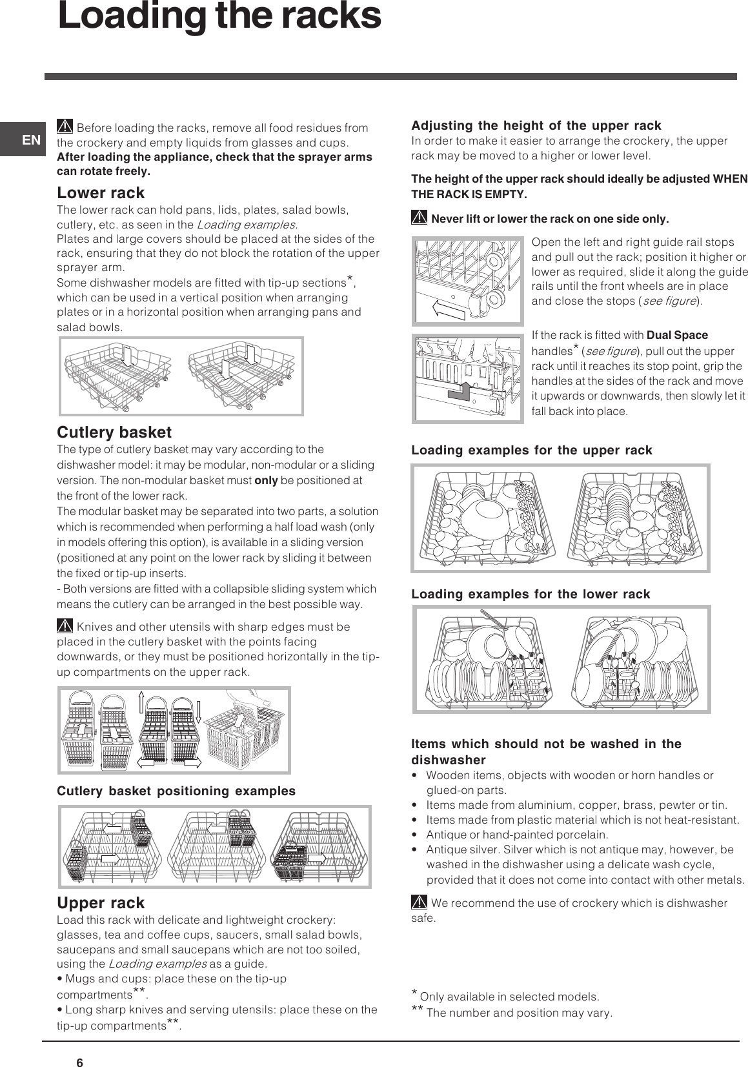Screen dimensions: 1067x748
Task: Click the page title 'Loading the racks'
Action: tap(219, 17)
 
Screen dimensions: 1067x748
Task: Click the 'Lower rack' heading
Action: tap(101, 192)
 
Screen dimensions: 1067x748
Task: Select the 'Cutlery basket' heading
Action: tap(114, 432)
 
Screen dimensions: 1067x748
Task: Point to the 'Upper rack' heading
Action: tap(101, 902)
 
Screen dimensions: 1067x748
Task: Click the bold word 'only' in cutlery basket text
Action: tap(266, 480)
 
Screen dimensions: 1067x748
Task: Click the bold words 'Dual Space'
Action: tap(676, 335)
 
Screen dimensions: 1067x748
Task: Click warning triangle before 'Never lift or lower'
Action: tap(419, 218)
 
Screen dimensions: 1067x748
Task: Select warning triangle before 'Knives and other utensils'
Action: tap(65, 625)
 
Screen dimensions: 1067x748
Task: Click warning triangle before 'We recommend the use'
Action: tap(419, 902)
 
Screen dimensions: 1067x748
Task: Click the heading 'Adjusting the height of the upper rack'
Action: tap(536, 125)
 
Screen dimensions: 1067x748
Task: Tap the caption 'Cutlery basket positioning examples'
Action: tap(176, 791)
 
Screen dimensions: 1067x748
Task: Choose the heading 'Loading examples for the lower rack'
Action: tap(531, 594)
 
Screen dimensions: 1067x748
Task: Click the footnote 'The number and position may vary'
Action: tap(519, 1013)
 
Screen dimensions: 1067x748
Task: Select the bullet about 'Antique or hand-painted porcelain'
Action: tap(516, 835)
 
